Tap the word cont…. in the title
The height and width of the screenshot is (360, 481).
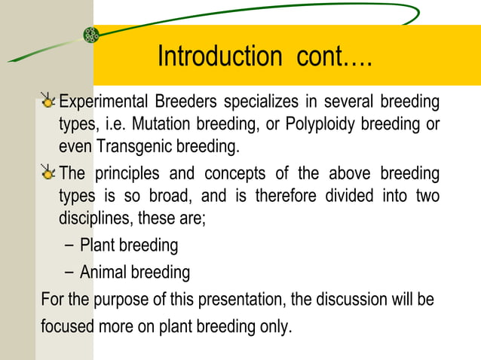329,56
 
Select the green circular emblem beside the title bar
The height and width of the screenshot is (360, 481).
91,35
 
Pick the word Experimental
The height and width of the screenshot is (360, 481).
104,102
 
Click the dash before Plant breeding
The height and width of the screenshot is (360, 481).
69,246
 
